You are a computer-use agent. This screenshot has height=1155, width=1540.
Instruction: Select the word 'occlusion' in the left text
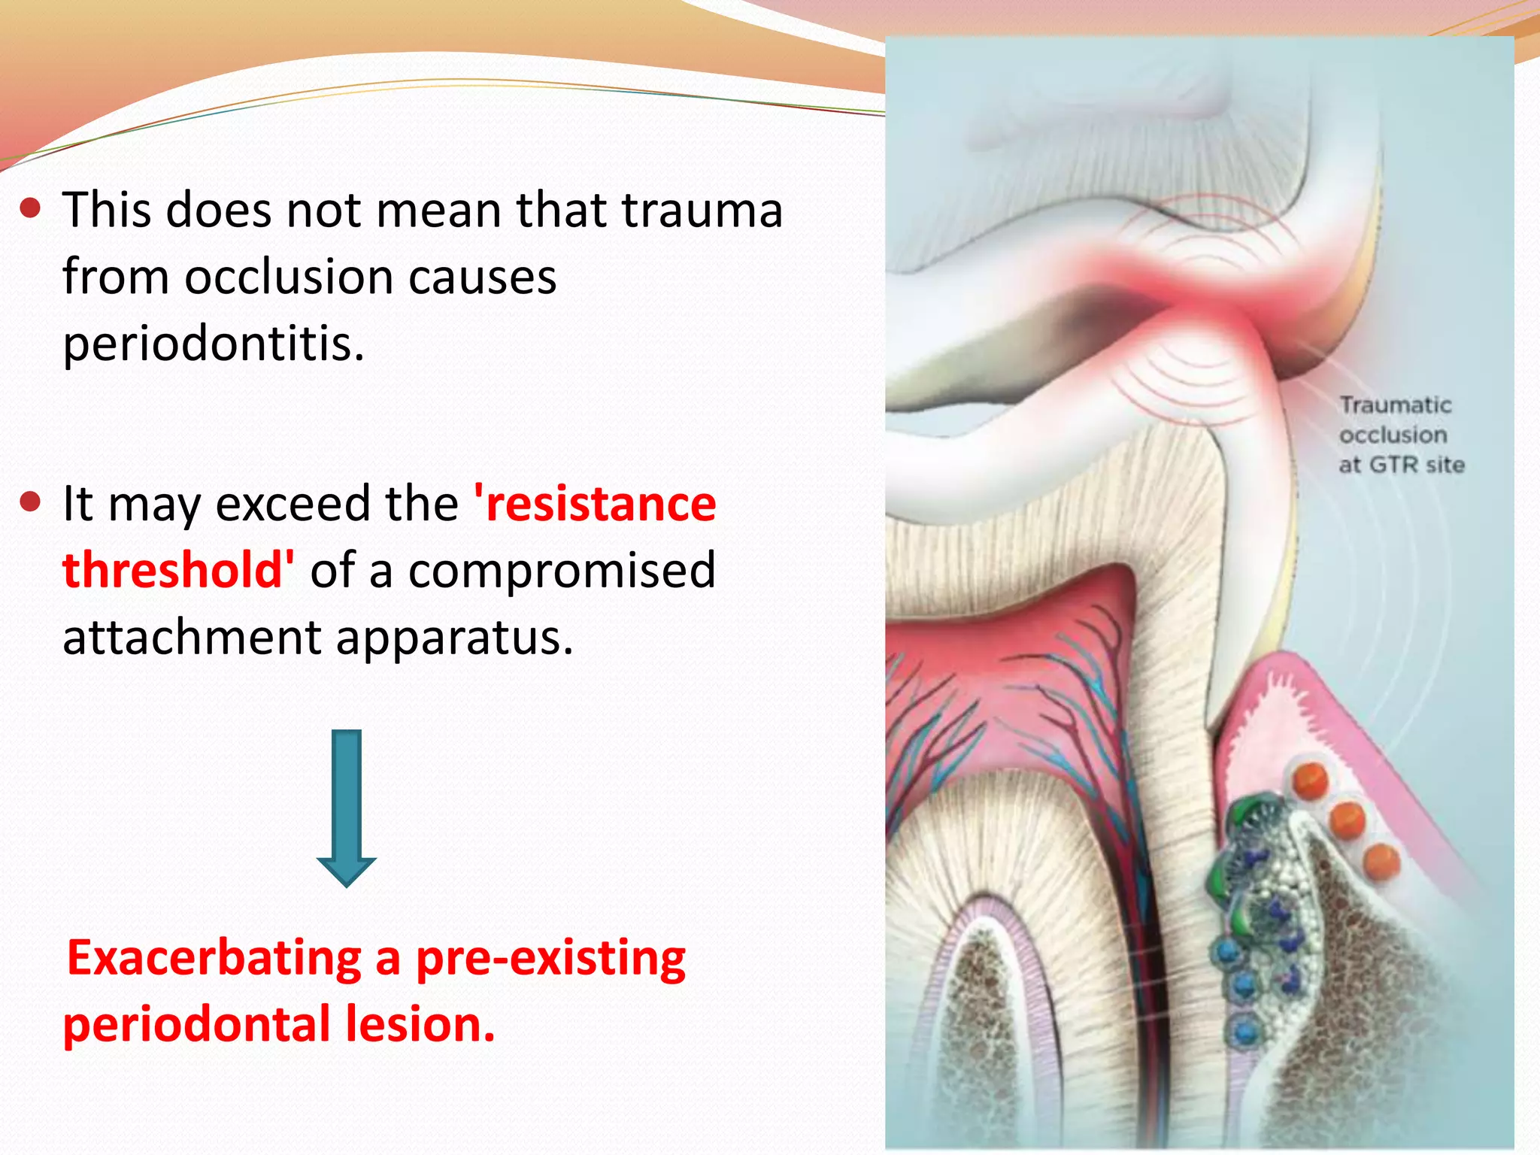290,277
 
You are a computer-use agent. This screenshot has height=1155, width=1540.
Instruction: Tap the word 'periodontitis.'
213,344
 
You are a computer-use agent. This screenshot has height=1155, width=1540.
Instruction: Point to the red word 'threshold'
178,570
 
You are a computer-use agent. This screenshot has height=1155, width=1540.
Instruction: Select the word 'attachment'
192,638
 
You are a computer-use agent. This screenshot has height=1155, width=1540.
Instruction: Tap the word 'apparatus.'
454,638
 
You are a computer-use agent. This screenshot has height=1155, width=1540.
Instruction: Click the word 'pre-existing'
550,958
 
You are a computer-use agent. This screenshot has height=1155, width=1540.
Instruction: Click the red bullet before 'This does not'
31,208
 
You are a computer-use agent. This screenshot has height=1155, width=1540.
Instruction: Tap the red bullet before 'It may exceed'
31,502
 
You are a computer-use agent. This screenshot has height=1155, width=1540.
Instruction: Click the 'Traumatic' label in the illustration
1395,405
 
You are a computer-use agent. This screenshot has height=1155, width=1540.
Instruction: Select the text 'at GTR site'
1401,465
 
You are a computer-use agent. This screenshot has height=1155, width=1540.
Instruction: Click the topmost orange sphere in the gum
1311,780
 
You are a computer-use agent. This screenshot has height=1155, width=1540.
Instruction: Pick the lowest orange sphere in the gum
1381,861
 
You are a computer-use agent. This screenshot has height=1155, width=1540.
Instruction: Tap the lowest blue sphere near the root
1244,1031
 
